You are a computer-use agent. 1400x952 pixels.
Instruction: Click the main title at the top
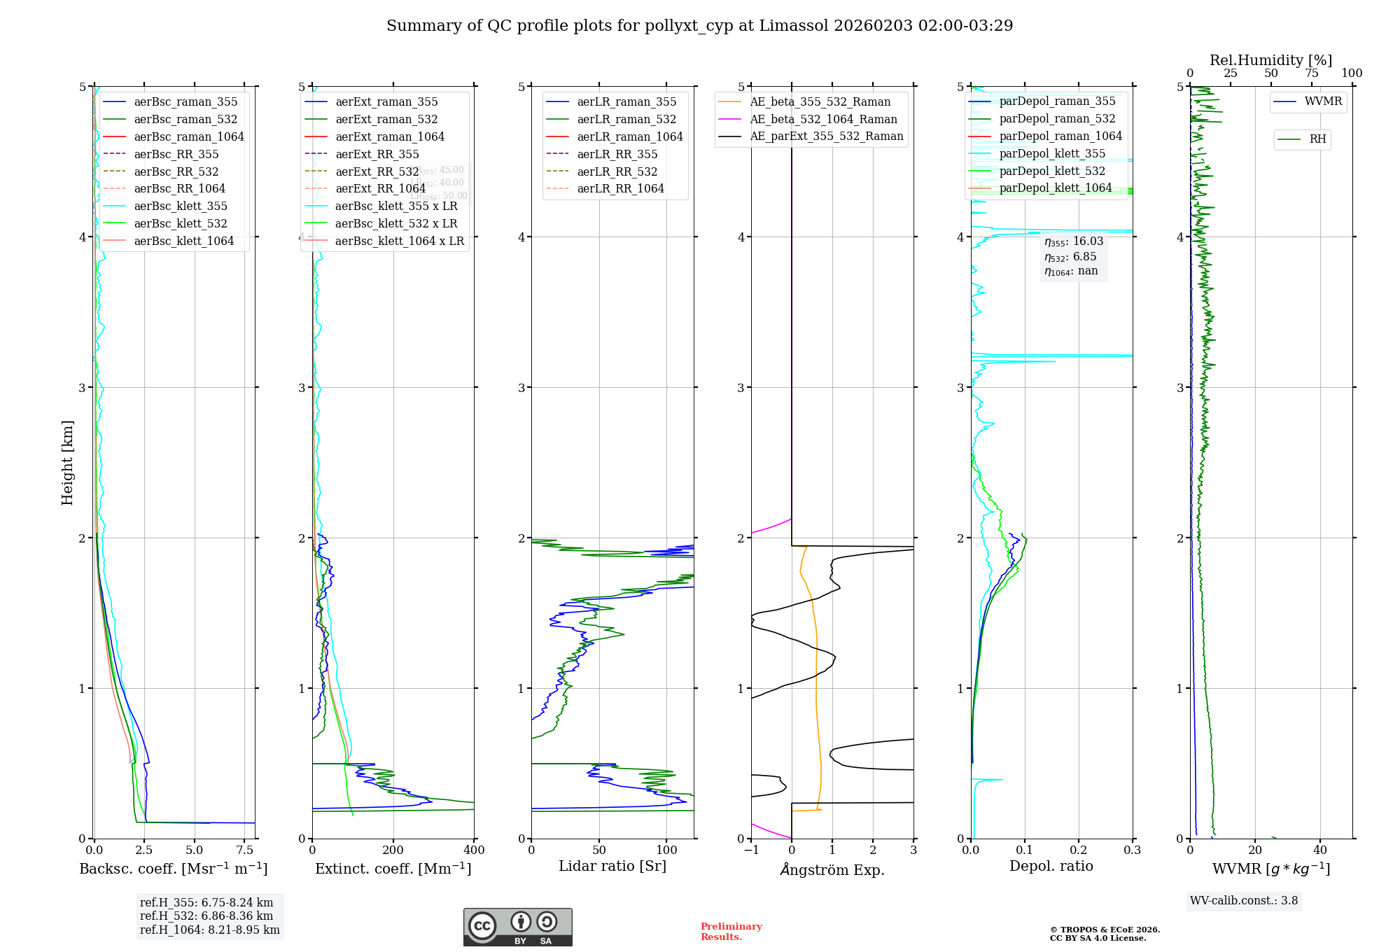[699, 26]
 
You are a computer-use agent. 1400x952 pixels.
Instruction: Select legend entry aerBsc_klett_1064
[183, 241]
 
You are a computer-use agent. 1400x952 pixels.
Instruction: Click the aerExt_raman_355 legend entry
[386, 102]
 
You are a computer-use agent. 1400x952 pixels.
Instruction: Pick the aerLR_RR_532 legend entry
[617, 171]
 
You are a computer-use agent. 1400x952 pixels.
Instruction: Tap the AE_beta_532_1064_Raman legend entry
[823, 119]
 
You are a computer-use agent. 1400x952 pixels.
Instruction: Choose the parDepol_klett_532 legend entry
[1052, 171]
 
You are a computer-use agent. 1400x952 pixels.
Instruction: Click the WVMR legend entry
[1323, 101]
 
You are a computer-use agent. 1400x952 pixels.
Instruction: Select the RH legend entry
[1317, 139]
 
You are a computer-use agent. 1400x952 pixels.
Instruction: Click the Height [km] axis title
[67, 463]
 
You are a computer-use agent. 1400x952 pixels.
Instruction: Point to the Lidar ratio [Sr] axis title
[612, 866]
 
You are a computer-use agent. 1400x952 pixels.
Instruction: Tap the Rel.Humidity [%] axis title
[1270, 60]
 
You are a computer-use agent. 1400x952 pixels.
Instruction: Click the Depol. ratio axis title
[1051, 866]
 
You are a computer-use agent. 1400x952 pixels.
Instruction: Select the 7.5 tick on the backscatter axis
[245, 850]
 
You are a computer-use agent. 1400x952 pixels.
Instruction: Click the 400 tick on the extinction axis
[474, 850]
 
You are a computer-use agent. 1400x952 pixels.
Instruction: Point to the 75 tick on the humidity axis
[1311, 73]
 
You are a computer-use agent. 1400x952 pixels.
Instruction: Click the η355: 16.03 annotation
[1073, 241]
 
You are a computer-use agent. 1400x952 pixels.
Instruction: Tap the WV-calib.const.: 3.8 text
[1243, 901]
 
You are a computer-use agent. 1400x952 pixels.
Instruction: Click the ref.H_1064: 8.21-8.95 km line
[209, 930]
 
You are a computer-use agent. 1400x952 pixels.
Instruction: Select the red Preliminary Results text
[731, 932]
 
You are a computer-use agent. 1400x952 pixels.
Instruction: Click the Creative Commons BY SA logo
[517, 927]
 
